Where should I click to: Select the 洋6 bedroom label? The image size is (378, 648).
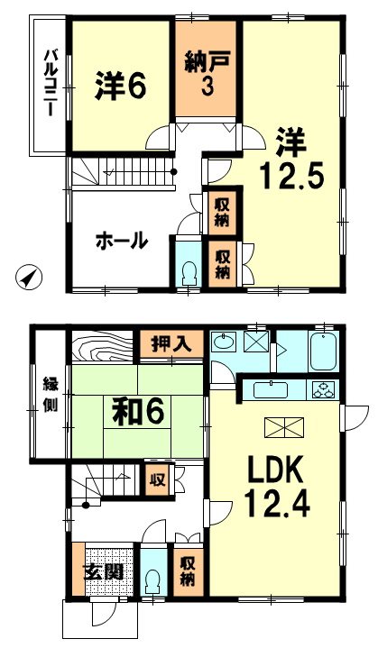tap(120, 85)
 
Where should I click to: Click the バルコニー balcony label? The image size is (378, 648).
tap(51, 82)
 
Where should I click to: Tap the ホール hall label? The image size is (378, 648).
tap(122, 241)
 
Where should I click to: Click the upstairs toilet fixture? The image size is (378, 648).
tap(189, 273)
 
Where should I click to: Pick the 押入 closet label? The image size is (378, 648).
tap(171, 344)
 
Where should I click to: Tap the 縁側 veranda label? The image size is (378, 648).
tap(51, 396)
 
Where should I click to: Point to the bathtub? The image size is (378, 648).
tap(324, 352)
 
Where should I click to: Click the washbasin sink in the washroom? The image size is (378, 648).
tap(224, 342)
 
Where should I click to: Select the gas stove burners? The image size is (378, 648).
tap(323, 390)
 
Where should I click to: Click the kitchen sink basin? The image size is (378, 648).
tap(271, 389)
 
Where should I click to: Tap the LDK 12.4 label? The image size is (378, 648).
tap(276, 487)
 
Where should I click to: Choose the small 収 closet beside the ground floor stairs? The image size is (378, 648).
tap(158, 479)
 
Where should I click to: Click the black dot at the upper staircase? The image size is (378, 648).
tap(174, 172)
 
